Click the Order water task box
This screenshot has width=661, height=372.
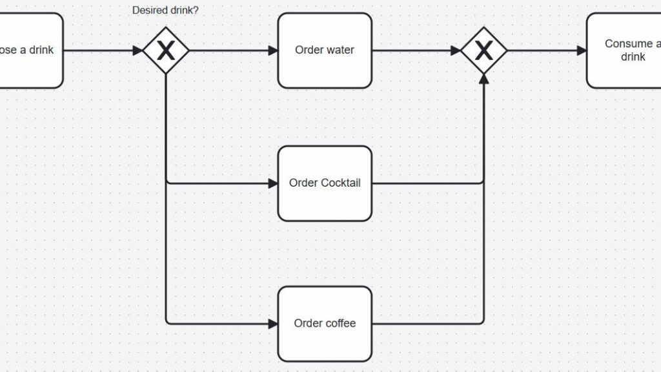(325, 50)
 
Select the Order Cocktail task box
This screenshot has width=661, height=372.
(325, 183)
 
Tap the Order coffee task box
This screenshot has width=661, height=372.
(325, 324)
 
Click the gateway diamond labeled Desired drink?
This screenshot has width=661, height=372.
(166, 50)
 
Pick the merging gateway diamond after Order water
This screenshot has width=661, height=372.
(483, 50)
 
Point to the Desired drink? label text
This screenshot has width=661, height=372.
(165, 10)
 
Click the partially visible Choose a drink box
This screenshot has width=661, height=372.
(29, 50)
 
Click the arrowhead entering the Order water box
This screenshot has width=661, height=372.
(272, 50)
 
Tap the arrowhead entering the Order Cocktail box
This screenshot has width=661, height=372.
(272, 183)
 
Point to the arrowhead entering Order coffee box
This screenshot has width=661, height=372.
(272, 324)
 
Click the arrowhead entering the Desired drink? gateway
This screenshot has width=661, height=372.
(137, 50)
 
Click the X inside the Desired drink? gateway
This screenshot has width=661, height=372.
(166, 50)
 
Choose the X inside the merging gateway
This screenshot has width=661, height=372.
(483, 50)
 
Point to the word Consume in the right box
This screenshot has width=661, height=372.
(628, 44)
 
